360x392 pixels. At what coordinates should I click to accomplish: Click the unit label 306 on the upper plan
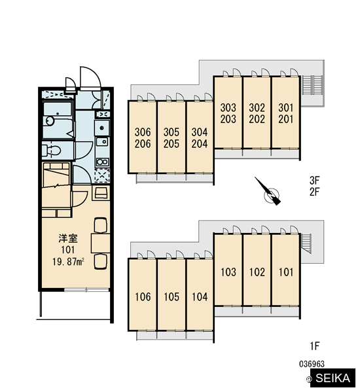click(x=143, y=132)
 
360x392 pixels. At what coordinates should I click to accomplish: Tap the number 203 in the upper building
click(x=228, y=119)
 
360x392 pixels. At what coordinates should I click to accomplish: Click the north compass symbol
click(x=268, y=192)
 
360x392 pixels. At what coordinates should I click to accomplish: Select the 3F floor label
click(x=314, y=180)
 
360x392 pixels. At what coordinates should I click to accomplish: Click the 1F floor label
click(x=315, y=346)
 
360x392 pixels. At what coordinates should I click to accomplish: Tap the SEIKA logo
click(x=333, y=378)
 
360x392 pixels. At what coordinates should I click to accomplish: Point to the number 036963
click(x=312, y=364)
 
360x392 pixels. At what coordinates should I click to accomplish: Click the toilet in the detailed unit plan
click(x=52, y=151)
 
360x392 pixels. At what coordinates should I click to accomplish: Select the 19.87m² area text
click(x=68, y=262)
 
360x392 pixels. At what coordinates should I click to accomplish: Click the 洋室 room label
click(x=68, y=238)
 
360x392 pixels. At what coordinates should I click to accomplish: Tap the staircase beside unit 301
click(x=312, y=85)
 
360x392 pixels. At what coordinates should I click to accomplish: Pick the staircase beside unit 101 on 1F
click(x=306, y=243)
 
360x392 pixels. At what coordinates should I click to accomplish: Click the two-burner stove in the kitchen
click(x=102, y=162)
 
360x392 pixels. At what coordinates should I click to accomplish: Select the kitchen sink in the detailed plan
click(x=102, y=142)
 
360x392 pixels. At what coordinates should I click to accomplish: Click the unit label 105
click(x=171, y=296)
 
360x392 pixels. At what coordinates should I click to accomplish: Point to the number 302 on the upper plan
click(x=257, y=108)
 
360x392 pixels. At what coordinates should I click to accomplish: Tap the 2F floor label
click(x=314, y=192)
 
